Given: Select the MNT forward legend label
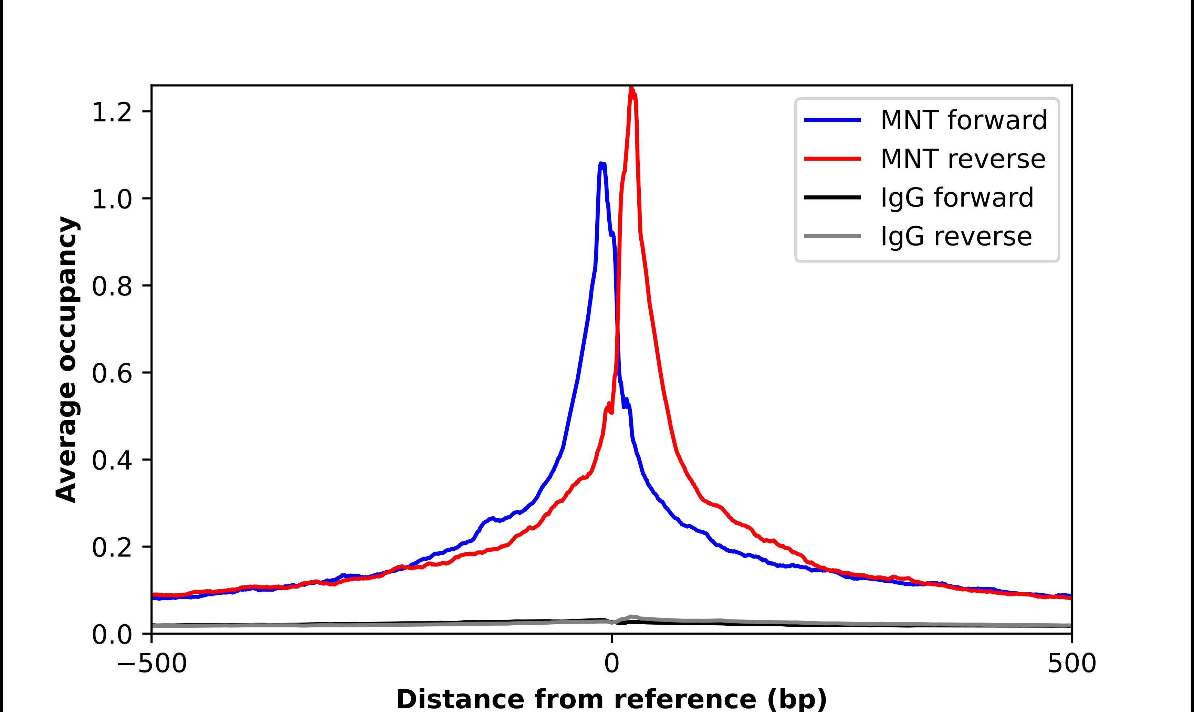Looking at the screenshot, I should [x=964, y=120].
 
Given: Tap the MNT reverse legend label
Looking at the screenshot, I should [x=963, y=159].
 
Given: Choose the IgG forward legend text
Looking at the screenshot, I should [x=957, y=198].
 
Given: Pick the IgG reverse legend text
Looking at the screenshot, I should [x=956, y=237].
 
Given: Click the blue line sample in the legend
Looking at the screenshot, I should [x=832, y=120].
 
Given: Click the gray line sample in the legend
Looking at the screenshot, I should [x=832, y=236].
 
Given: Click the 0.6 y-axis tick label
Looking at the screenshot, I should [x=112, y=373].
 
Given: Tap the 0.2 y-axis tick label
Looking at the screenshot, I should [x=112, y=548].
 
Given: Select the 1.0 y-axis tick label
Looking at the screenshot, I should [x=112, y=199].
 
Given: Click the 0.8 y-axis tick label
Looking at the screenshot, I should [x=112, y=287].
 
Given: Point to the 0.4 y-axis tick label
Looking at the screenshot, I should [x=112, y=461].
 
